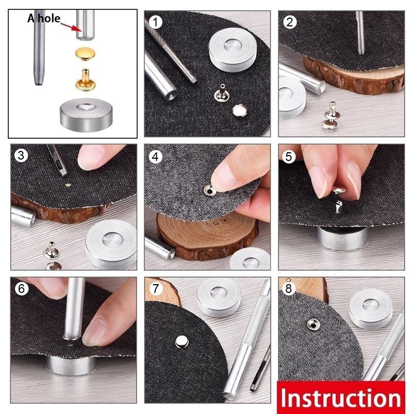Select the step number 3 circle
click(21, 156)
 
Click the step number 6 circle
click(21, 289)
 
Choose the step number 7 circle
click(155, 289)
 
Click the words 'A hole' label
click(44, 19)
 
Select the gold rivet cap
click(83, 52)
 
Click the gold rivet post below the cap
click(83, 78)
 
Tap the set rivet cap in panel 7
click(181, 341)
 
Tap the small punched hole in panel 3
click(68, 184)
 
